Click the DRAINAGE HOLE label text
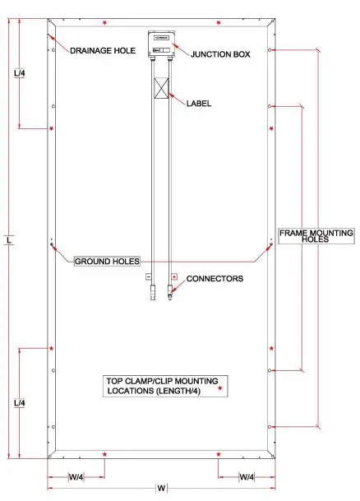click(102, 51)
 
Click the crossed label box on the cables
click(162, 89)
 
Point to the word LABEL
click(199, 104)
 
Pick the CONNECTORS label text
click(215, 279)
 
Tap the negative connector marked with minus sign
click(150, 278)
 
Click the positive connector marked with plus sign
click(173, 278)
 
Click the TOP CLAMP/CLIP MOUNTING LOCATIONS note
click(162, 386)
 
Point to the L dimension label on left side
click(7, 240)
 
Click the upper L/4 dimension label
click(21, 74)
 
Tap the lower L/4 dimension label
click(21, 403)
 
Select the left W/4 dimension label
click(76, 477)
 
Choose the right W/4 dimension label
click(247, 477)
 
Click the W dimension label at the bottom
click(161, 489)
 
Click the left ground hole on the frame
click(52, 244)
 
